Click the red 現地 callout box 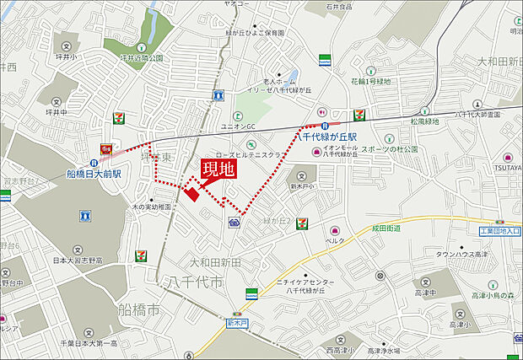tap(217, 168)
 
